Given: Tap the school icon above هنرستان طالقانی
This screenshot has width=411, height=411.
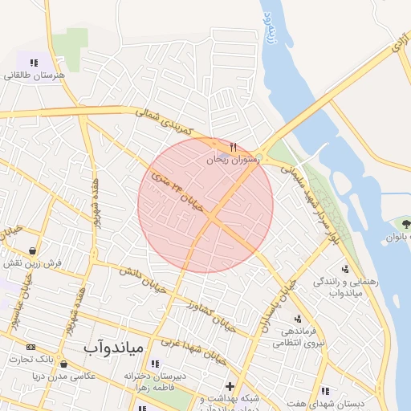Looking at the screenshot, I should [x=34, y=63].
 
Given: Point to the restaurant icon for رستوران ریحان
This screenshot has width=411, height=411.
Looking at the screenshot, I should [x=234, y=147].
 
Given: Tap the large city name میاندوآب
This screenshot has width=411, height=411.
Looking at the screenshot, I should [x=113, y=348].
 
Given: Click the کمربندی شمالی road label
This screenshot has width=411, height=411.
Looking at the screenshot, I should [x=164, y=122].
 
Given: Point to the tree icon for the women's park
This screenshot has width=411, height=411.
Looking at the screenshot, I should [x=402, y=222].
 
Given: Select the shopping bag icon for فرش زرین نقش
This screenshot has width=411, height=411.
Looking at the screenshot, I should [x=31, y=250].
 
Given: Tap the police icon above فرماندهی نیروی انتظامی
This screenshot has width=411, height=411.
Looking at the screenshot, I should [x=298, y=319].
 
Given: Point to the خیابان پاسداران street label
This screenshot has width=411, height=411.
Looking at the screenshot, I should [x=278, y=303].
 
